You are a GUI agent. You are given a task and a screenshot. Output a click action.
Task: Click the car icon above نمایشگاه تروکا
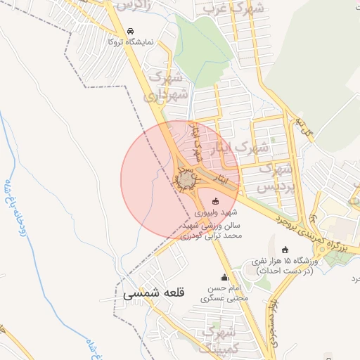coord(130,32)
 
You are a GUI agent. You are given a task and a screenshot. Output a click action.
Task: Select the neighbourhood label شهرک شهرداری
coord(171,84)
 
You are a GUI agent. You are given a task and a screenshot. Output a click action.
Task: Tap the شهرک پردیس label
coord(276,179)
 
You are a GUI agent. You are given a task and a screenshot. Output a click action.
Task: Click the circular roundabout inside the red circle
coord(186,181)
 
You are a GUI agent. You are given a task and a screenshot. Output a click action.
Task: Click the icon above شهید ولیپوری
coord(215,202)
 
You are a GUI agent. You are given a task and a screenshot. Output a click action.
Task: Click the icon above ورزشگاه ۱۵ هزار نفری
coord(285,250)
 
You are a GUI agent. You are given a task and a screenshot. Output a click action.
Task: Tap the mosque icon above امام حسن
coord(225,278)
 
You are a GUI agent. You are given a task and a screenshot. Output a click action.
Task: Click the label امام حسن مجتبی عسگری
coord(225,292)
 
